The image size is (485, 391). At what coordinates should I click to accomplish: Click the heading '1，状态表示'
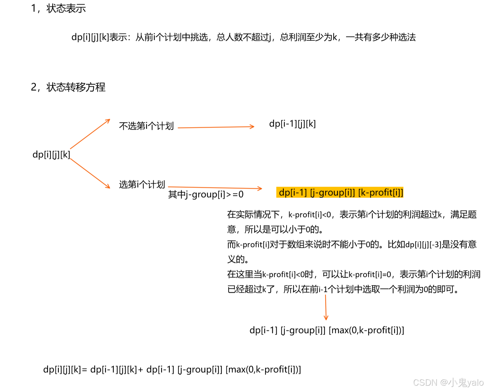tap(58, 8)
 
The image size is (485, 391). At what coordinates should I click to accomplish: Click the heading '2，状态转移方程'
tap(68, 87)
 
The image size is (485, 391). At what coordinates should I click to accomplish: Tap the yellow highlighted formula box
tap(340, 193)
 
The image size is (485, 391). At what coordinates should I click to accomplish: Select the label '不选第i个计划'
tap(146, 126)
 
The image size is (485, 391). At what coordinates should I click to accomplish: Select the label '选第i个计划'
tap(142, 184)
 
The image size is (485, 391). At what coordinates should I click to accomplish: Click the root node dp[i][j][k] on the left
tap(51, 155)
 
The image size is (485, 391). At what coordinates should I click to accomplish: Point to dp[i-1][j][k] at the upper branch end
tap(292, 124)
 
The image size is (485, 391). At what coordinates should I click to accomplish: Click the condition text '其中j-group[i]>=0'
tap(206, 195)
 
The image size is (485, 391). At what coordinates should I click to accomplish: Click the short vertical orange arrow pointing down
tap(326, 307)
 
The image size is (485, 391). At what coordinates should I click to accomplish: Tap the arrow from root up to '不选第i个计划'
tap(90, 134)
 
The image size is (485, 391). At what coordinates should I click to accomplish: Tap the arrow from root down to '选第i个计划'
tap(90, 173)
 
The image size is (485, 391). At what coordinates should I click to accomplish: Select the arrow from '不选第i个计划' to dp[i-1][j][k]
tap(216, 127)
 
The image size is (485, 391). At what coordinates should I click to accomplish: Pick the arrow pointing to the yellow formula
tap(215, 188)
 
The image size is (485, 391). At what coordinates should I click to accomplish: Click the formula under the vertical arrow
tap(326, 330)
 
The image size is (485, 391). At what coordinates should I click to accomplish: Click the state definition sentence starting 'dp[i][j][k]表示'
tap(243, 37)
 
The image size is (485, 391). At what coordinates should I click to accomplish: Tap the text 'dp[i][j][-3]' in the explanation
tap(423, 245)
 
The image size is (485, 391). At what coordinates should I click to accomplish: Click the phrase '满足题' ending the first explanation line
tap(463, 214)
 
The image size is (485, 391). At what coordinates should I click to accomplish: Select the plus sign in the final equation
tap(140, 370)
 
